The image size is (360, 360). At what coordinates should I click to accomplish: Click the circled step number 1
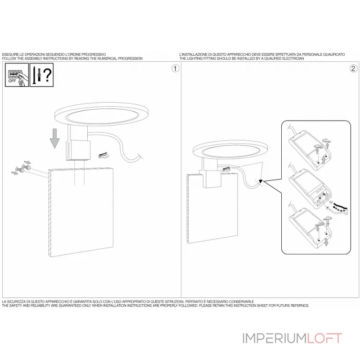(175, 68)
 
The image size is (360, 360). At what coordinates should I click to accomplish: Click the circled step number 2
(353, 68)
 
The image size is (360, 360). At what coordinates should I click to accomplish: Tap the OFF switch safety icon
(17, 75)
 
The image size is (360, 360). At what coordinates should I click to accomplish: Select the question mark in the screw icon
(48, 75)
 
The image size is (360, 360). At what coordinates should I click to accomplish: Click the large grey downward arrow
(54, 139)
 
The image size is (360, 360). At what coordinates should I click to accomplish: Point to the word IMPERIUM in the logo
(274, 339)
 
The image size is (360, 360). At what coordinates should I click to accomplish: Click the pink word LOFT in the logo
(324, 339)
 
